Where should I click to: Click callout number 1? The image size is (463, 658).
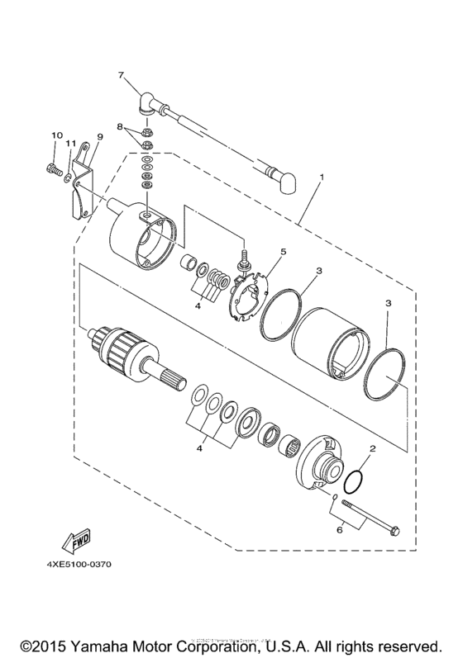click(x=322, y=178)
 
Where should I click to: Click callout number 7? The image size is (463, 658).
click(x=122, y=75)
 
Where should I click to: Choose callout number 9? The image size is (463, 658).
click(x=99, y=136)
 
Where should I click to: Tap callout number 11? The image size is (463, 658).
click(x=72, y=144)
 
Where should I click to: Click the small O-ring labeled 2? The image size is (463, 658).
click(x=354, y=480)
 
